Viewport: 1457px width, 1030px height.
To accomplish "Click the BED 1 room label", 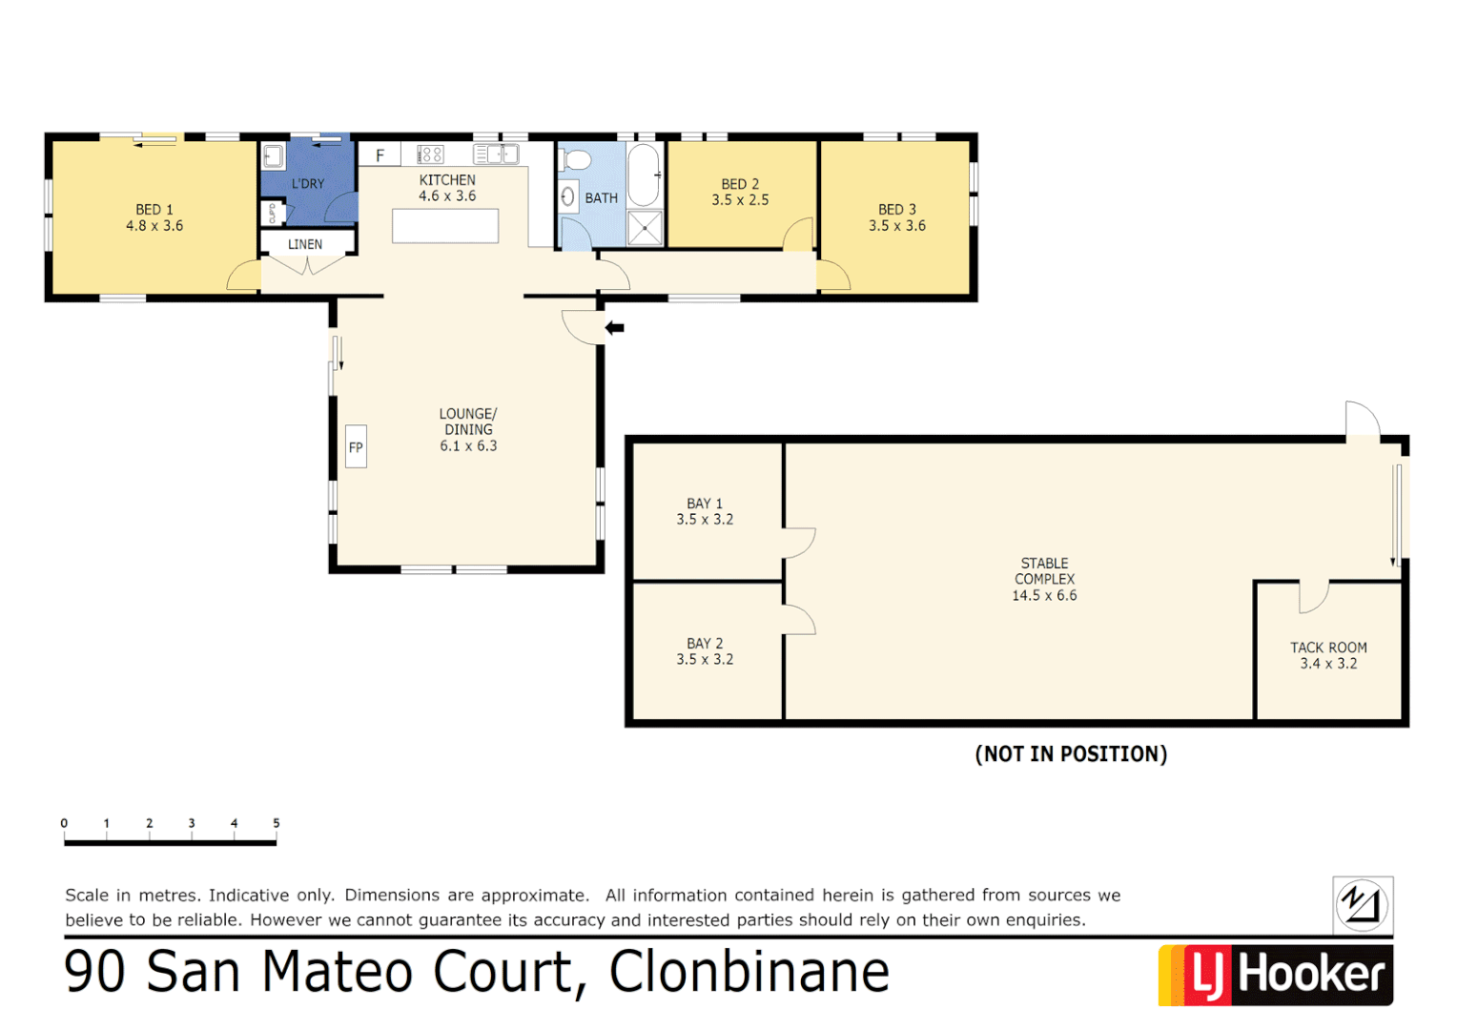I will coord(154,210).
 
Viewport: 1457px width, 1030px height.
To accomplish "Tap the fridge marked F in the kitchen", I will coord(380,155).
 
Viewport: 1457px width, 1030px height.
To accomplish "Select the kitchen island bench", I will coord(445,226).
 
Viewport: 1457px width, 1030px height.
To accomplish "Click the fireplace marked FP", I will coord(356,447).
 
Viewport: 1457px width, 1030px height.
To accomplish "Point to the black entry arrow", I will coord(615,328).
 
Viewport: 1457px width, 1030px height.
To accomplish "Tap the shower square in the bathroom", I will coord(646,228).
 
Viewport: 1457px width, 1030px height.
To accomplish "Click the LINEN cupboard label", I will coord(305,244).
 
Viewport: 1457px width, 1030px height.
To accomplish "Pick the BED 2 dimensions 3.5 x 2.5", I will coord(740,200).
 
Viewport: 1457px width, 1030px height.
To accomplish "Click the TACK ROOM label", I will coord(1328,648).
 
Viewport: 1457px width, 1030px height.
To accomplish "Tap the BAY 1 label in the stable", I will coord(705,504).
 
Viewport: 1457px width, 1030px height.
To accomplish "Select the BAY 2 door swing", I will coord(799,620).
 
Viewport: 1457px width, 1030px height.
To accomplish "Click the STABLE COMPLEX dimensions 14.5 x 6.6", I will coord(1044,595).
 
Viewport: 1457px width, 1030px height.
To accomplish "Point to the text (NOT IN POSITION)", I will coord(1071,754).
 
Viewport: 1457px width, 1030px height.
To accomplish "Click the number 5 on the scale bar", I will coord(277,823).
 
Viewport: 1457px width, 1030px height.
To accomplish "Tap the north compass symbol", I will coord(1363,904).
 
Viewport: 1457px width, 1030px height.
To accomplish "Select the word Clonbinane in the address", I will coord(749,972).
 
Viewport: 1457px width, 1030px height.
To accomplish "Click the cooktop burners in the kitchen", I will coord(430,154).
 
